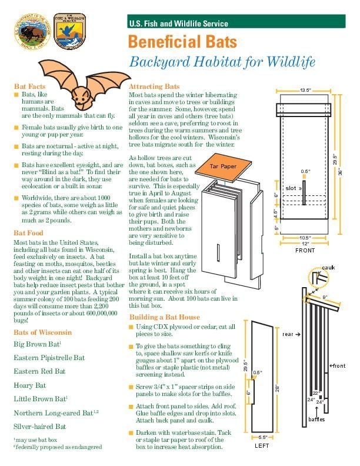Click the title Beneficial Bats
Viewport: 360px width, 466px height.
coord(182,42)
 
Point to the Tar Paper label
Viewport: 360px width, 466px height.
coord(223,167)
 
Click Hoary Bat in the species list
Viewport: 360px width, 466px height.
coord(29,385)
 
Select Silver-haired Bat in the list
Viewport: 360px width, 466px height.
coord(39,426)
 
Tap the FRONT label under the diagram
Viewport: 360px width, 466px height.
coord(305,250)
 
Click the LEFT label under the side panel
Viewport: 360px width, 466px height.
coord(262,445)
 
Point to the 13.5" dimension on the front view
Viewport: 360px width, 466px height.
coord(305,91)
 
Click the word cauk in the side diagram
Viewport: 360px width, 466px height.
coord(328,268)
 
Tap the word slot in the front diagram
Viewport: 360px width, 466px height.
coord(291,188)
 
